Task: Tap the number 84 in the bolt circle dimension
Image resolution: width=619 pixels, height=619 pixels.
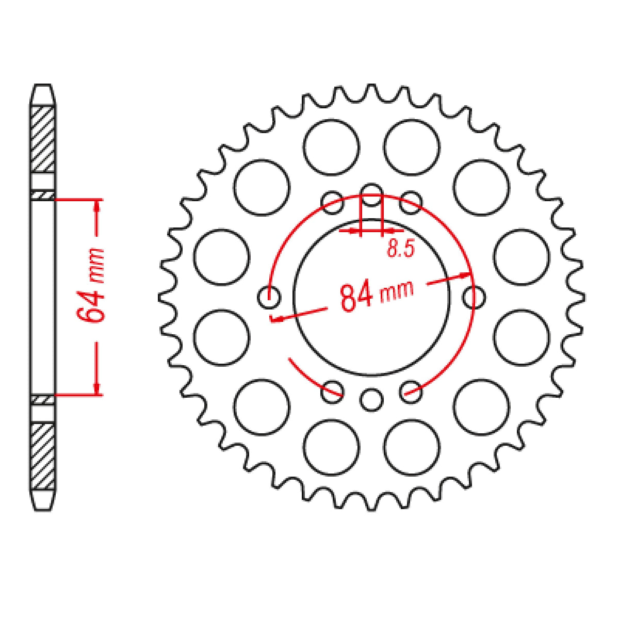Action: click(x=356, y=298)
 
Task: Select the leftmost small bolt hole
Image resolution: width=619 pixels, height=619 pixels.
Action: click(x=269, y=297)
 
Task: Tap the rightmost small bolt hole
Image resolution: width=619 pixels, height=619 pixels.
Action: click(x=474, y=297)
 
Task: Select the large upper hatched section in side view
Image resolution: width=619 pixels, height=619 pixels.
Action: click(x=43, y=139)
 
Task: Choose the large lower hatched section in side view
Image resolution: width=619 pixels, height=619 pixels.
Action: click(x=43, y=457)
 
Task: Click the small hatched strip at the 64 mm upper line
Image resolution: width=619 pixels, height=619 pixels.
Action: click(x=43, y=195)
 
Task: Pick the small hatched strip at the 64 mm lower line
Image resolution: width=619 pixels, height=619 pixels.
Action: click(x=43, y=400)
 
